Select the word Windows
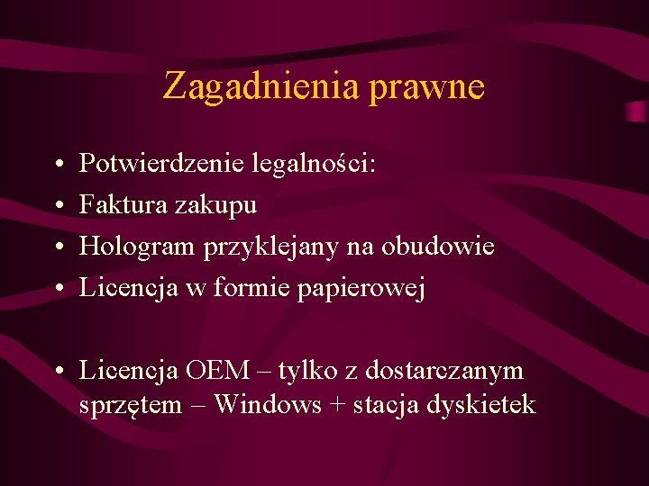pos(267,405)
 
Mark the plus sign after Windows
pos(336,406)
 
